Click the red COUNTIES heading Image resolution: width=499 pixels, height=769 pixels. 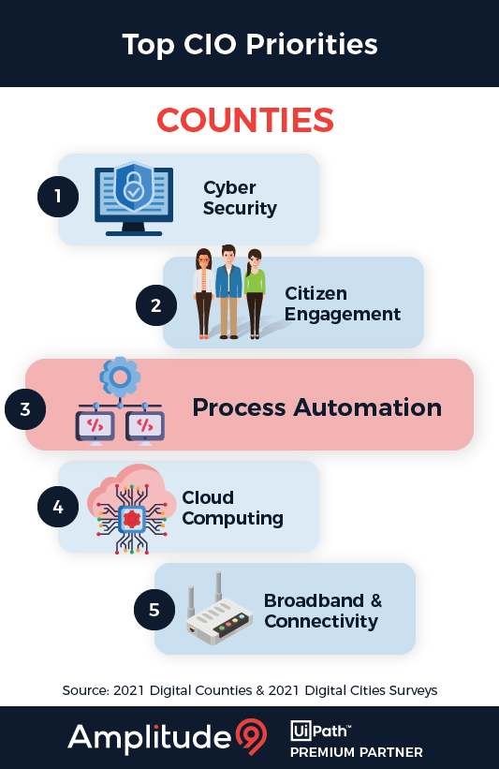(x=245, y=121)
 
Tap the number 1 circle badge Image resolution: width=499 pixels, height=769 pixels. (x=58, y=197)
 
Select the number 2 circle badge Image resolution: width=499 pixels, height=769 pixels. (x=156, y=304)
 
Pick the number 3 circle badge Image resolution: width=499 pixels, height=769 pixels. (x=25, y=408)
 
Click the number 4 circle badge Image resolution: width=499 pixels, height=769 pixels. (x=58, y=507)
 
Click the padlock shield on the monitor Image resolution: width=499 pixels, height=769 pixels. (x=134, y=188)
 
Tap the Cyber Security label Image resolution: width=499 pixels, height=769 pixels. (x=240, y=198)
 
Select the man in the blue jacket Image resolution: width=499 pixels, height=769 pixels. (x=228, y=290)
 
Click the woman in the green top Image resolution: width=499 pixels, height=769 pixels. (x=255, y=292)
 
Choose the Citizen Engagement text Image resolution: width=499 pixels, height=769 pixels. (x=343, y=304)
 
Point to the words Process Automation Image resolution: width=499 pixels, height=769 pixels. (x=316, y=407)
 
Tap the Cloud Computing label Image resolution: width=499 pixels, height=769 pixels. (x=232, y=508)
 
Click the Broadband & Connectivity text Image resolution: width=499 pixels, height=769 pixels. (x=323, y=611)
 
